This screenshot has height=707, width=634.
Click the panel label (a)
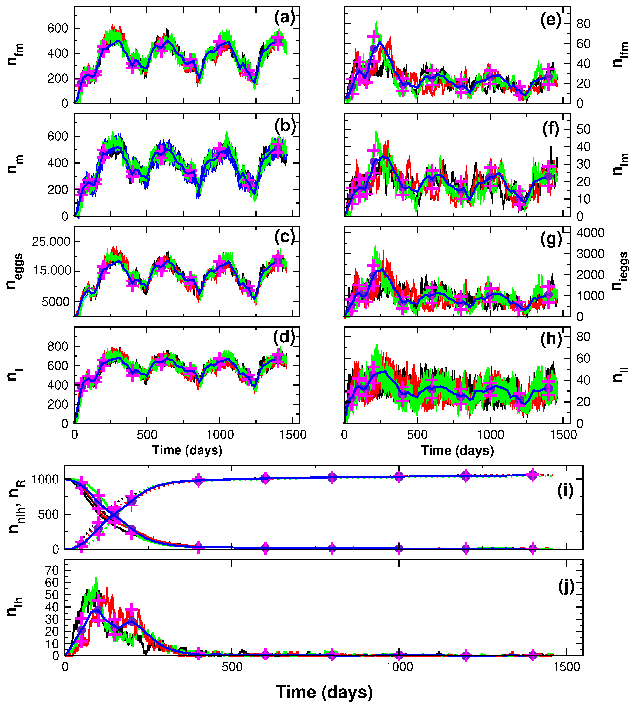(x=284, y=17)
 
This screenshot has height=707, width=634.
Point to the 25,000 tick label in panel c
(x=51, y=241)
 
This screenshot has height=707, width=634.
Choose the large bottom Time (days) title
(x=324, y=692)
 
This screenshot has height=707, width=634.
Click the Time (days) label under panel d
(x=187, y=450)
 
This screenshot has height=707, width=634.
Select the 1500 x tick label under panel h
(x=563, y=435)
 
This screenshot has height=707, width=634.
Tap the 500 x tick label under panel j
(x=232, y=667)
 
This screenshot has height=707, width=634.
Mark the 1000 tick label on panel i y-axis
(x=45, y=480)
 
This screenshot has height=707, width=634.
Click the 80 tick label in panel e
(x=584, y=24)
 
